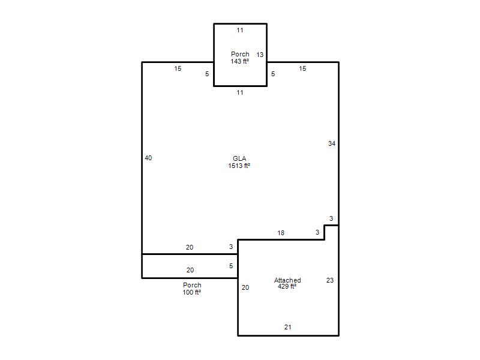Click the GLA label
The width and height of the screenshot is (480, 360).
239,158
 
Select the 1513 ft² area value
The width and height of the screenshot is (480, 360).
239,166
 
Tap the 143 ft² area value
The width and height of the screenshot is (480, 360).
239,61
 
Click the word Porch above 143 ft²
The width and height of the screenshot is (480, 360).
240,54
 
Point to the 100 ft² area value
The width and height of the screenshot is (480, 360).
191,292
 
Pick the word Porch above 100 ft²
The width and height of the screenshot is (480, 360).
192,285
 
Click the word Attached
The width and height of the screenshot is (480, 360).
287,280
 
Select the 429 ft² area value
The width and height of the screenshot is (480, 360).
287,287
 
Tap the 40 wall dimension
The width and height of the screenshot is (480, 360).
148,158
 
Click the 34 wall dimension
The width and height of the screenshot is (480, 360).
332,143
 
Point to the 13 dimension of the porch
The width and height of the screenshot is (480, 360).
260,55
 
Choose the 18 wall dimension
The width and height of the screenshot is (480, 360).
281,233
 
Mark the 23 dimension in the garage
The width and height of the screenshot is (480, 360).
329,280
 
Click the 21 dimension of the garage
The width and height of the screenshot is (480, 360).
287,327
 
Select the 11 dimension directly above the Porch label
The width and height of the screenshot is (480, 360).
240,31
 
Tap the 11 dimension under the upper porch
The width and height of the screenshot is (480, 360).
240,92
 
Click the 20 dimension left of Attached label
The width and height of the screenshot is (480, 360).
245,287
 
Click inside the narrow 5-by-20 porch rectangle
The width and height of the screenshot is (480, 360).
190,266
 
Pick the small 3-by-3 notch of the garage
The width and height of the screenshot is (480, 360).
332,232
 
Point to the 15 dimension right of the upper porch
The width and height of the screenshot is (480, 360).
302,68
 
